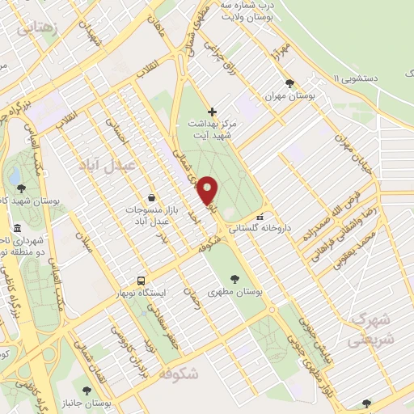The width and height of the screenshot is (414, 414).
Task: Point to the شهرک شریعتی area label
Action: pyautogui.click(x=371, y=327)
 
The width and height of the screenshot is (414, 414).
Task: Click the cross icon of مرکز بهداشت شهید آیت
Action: pyautogui.click(x=212, y=111)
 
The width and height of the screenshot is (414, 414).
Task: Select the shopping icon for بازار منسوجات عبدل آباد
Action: pyautogui.click(x=151, y=197)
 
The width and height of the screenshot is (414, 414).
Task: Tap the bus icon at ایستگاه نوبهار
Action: pyautogui.click(x=142, y=281)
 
